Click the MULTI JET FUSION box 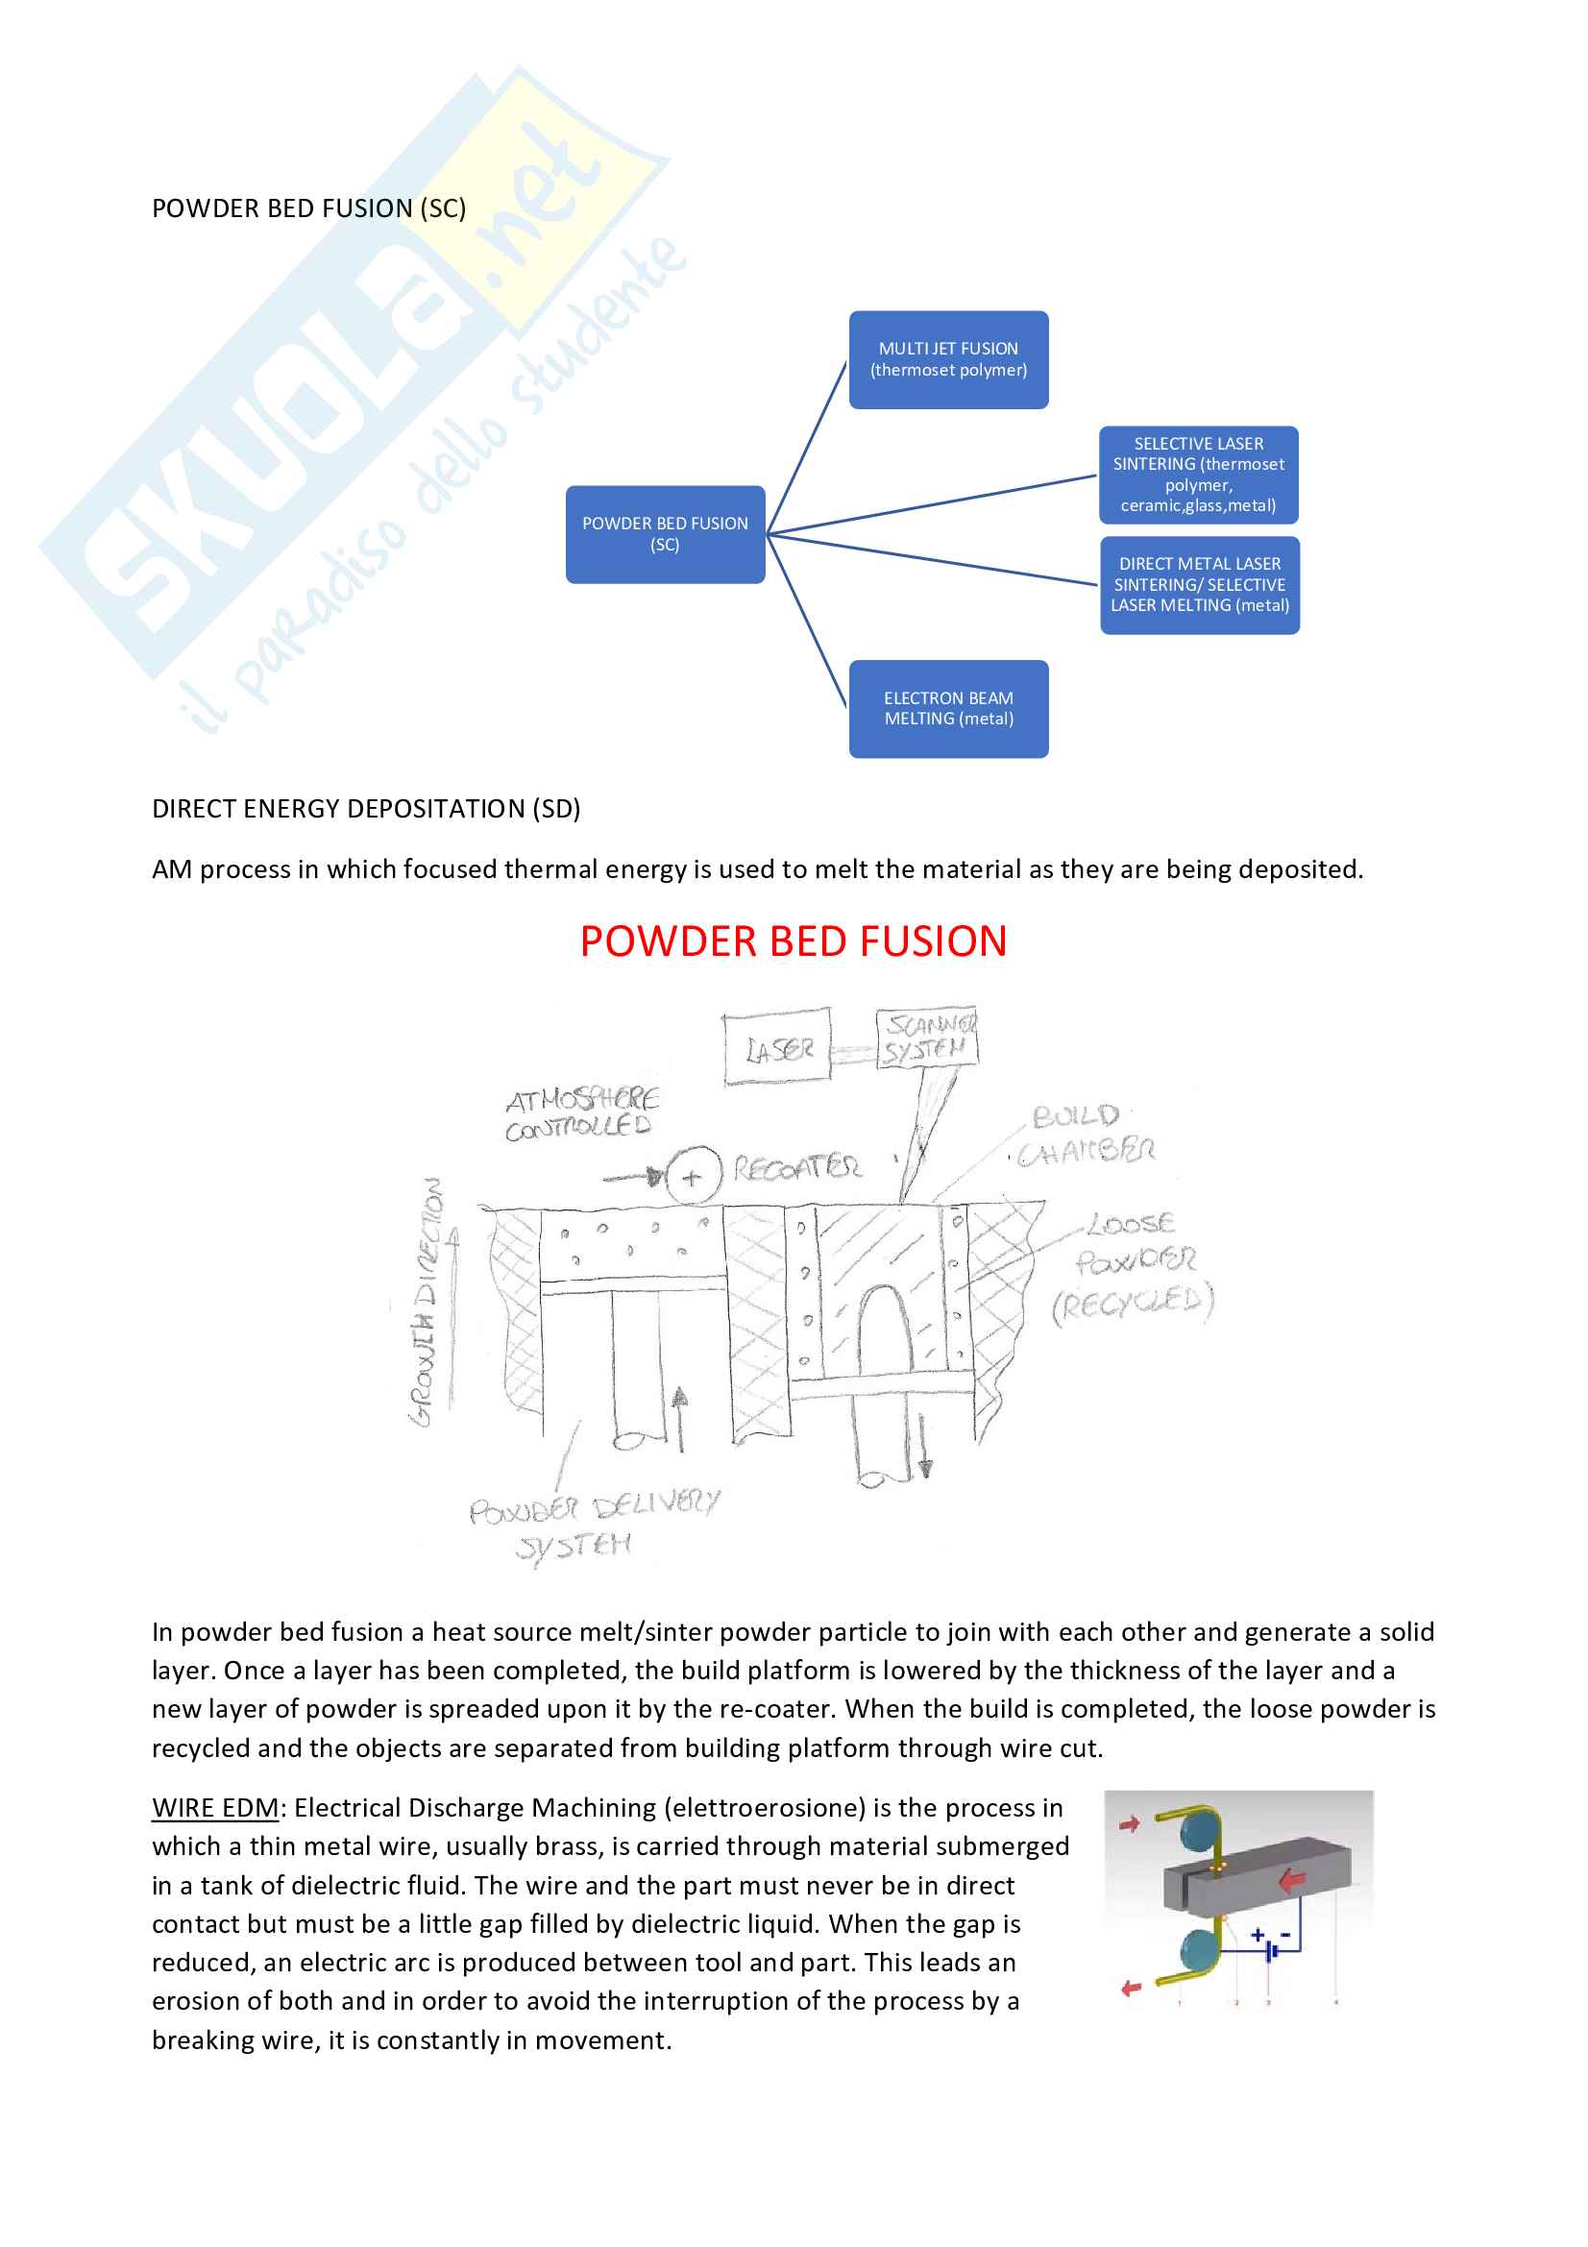click(x=948, y=359)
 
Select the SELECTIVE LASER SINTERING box click(x=1198, y=475)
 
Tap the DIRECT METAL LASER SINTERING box click(x=1199, y=584)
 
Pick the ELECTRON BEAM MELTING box click(x=948, y=709)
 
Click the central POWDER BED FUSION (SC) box click(x=665, y=534)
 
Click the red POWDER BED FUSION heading click(x=793, y=941)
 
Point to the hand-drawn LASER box click(x=777, y=1048)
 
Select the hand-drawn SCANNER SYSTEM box click(x=927, y=1038)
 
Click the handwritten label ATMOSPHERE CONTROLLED click(x=581, y=1113)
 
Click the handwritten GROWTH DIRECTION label click(x=428, y=1302)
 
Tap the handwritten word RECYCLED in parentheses click(x=1133, y=1305)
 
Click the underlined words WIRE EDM click(x=215, y=1809)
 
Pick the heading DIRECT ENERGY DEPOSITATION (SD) click(x=366, y=809)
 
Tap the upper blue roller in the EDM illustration click(x=1200, y=1832)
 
